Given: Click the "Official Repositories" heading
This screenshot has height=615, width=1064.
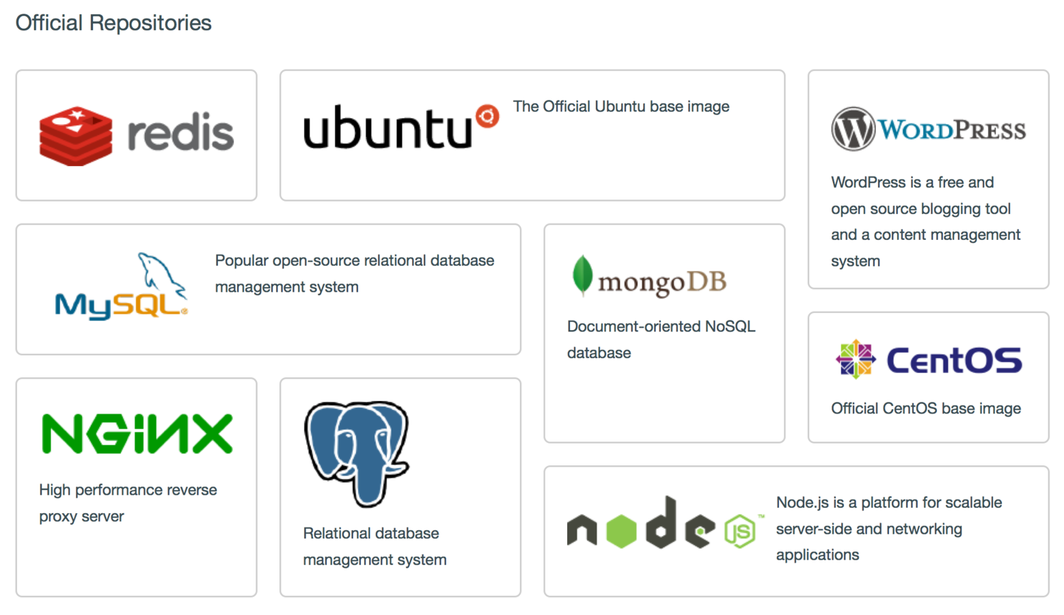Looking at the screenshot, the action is [x=113, y=23].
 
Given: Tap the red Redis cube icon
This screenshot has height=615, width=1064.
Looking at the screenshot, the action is [x=76, y=136].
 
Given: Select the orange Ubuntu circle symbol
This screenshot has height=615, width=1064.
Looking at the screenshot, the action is [x=487, y=116].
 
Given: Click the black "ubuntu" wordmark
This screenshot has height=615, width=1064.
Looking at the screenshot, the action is [x=387, y=128].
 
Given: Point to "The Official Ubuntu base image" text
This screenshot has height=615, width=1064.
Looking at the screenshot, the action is [x=620, y=107].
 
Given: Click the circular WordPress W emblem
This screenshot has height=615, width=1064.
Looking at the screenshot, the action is [x=852, y=129].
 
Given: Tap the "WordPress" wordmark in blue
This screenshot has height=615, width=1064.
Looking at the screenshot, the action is [x=952, y=130].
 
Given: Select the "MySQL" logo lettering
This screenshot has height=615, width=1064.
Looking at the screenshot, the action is [x=120, y=305].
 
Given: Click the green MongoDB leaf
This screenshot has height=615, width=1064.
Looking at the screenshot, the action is [x=582, y=275].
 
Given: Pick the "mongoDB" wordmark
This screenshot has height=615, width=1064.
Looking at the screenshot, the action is [x=661, y=282].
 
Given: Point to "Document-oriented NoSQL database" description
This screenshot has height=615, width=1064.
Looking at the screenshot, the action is [x=661, y=340].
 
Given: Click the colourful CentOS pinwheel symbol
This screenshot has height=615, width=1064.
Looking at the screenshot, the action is [x=856, y=359].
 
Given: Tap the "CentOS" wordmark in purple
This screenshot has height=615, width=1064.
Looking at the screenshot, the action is [x=954, y=360].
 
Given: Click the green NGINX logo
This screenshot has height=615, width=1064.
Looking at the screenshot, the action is [x=137, y=434].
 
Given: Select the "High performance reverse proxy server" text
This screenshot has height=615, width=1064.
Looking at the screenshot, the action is [x=128, y=503].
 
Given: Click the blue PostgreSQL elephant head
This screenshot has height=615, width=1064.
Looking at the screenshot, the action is [x=356, y=451].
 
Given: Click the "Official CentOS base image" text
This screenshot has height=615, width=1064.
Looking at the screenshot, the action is [x=926, y=409].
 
